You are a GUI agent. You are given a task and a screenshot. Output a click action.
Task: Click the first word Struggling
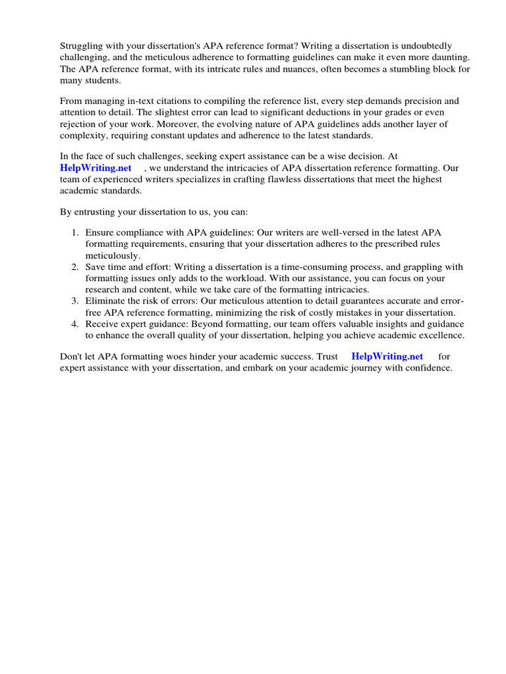click(x=82, y=45)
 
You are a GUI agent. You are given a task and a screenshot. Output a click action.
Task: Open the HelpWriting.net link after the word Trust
click(x=387, y=356)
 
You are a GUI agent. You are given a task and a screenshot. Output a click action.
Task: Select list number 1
click(x=75, y=232)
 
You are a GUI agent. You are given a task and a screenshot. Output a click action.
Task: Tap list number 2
click(x=75, y=267)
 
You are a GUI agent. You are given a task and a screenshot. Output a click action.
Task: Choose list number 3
click(x=75, y=301)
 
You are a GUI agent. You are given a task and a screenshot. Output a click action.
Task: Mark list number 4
click(x=75, y=324)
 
